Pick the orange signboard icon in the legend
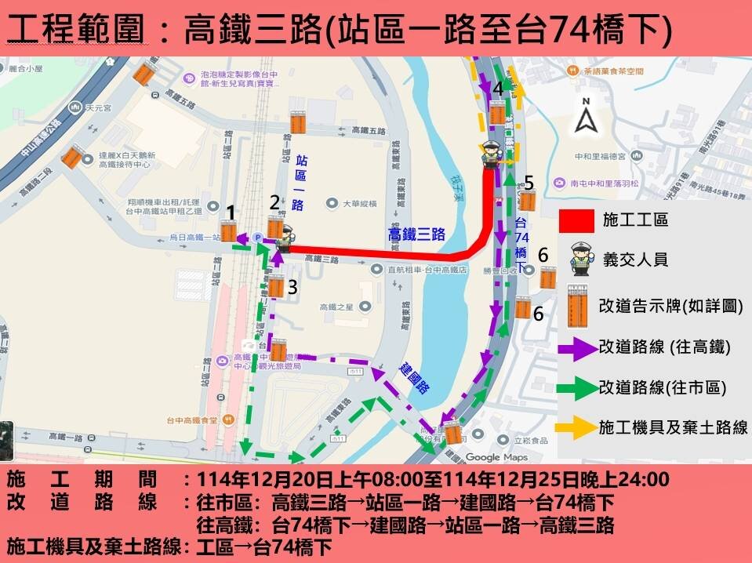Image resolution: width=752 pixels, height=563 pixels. tap(578, 304)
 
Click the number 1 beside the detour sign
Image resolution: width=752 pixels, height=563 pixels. tap(231, 212)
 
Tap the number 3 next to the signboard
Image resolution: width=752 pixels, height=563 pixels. tap(292, 288)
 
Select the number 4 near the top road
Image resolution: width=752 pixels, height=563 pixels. tap(498, 89)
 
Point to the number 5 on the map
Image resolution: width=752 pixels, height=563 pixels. tap(529, 183)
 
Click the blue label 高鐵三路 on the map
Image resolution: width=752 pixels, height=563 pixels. tap(416, 234)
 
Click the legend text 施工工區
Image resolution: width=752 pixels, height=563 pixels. tap(635, 220)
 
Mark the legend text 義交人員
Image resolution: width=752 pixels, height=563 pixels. tap(635, 260)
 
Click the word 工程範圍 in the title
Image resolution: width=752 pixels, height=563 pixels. tap(74, 30)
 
